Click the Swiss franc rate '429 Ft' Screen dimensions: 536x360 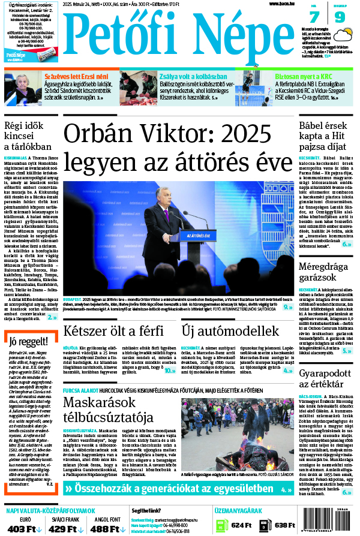coord(63,528)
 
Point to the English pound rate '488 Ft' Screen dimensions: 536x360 coord(104,528)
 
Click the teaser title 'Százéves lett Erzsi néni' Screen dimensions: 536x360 coord(68,77)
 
